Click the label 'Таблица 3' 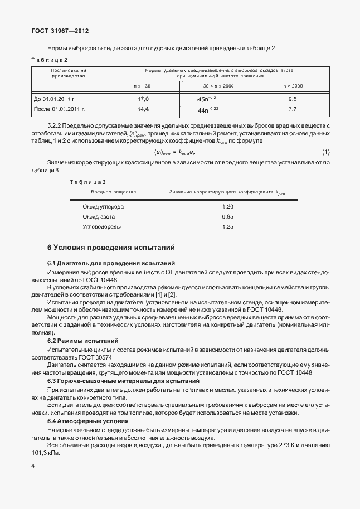click(x=87, y=182)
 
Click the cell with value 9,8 click(x=293, y=99)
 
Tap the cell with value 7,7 click(x=293, y=109)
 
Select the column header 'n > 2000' click(x=293, y=86)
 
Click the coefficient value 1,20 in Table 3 click(x=227, y=206)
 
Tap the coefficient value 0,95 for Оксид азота click(x=227, y=216)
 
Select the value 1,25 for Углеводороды click(x=227, y=227)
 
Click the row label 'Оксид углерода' click(x=104, y=206)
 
